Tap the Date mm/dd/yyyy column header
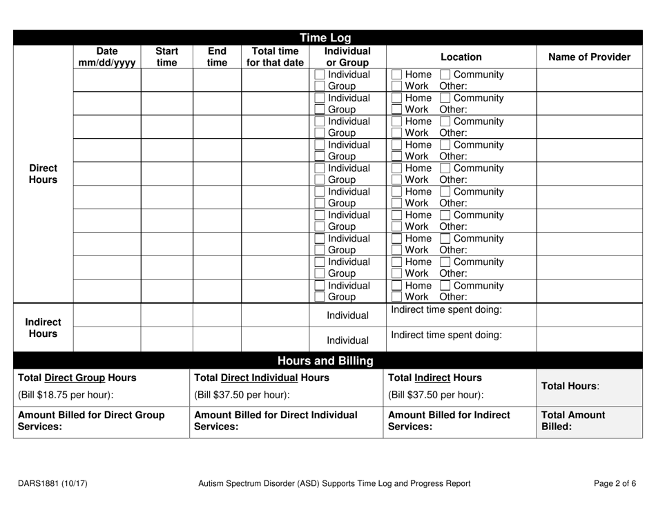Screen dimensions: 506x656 coord(107,57)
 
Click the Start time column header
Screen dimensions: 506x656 coord(166,57)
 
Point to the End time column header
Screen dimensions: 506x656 coord(217,57)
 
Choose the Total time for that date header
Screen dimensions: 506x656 coord(274,57)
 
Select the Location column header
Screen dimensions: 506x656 coord(460,57)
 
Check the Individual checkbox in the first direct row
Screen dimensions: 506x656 coord(320,75)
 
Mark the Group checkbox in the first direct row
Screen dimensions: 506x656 coord(320,87)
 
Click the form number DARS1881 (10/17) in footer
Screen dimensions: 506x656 coord(52,483)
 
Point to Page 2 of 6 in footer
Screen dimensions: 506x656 coord(615,483)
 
